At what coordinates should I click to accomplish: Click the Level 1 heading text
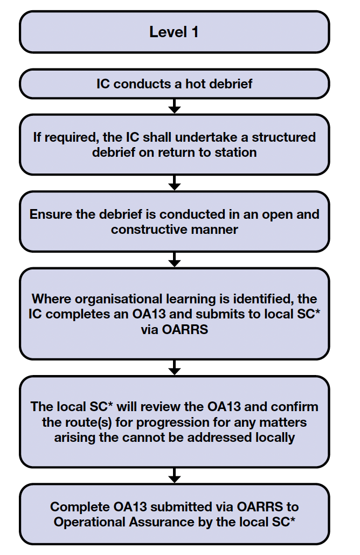coord(174,32)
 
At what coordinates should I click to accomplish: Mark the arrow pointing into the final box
coord(174,475)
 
